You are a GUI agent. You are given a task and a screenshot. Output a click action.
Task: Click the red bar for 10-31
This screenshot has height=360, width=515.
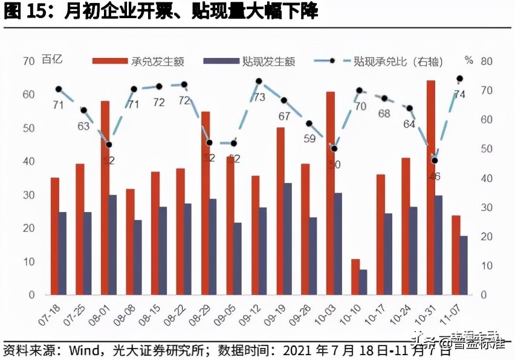(x=431, y=187)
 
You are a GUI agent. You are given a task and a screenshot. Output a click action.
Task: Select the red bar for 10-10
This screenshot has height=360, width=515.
(x=355, y=277)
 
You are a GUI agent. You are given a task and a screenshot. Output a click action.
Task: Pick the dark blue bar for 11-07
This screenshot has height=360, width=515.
(x=464, y=265)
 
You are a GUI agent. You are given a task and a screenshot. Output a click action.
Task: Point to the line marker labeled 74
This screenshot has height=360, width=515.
(x=459, y=79)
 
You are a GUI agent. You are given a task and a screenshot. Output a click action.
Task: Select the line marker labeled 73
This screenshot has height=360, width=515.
(x=259, y=81)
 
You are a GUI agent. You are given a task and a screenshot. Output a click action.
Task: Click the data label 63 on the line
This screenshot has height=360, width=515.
(x=83, y=126)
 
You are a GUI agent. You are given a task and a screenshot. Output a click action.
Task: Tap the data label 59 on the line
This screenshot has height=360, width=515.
(x=309, y=138)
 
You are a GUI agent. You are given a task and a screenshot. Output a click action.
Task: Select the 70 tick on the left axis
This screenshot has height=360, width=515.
(x=28, y=61)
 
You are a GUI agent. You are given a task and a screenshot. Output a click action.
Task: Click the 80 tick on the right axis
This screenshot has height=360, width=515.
(x=470, y=61)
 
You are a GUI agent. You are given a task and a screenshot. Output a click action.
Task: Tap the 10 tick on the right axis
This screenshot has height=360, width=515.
(x=470, y=266)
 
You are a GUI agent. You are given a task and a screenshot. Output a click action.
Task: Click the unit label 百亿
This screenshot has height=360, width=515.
(x=52, y=59)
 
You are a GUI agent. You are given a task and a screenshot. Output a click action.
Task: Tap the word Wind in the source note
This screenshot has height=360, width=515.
(x=81, y=349)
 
